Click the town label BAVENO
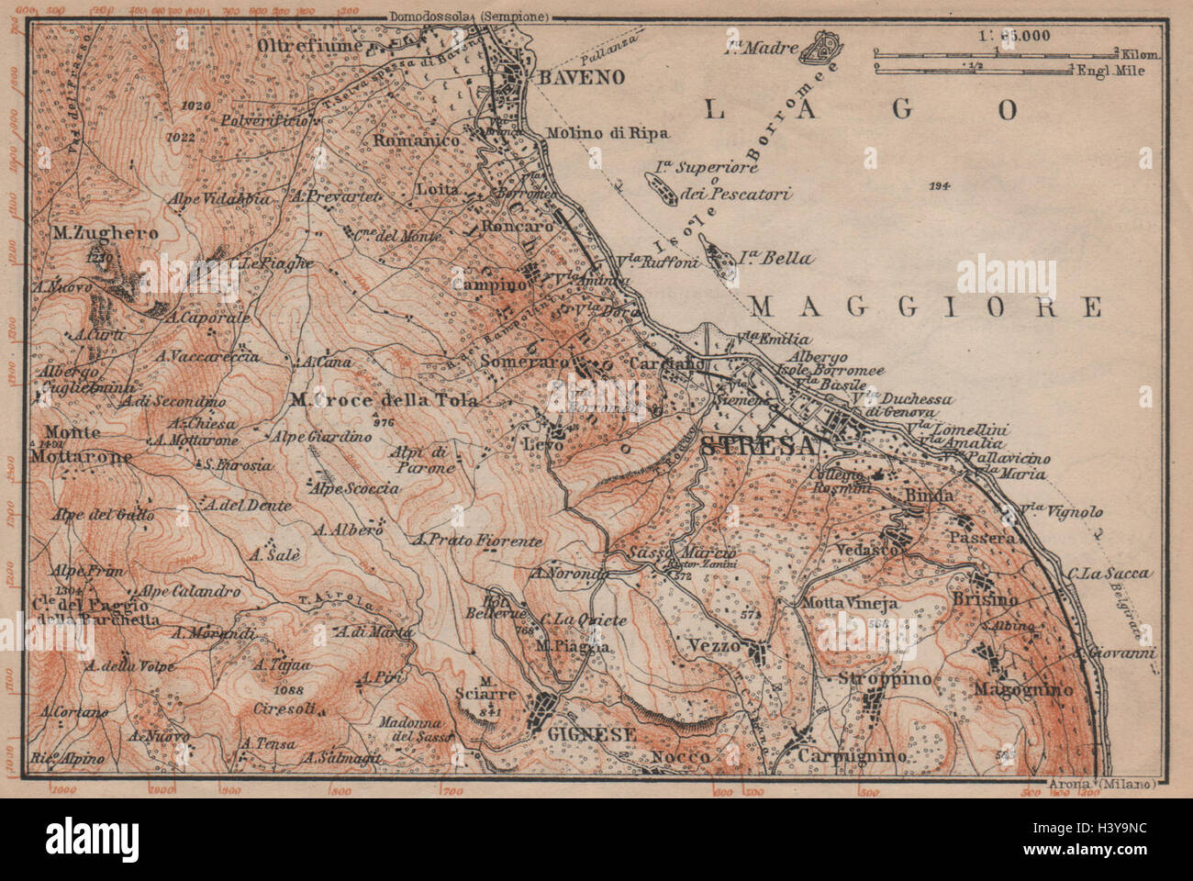coord(581,77)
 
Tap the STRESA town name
coord(757,446)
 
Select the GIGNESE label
coord(579,734)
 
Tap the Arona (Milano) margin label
coord(1102,783)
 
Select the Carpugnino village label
coord(852,755)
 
